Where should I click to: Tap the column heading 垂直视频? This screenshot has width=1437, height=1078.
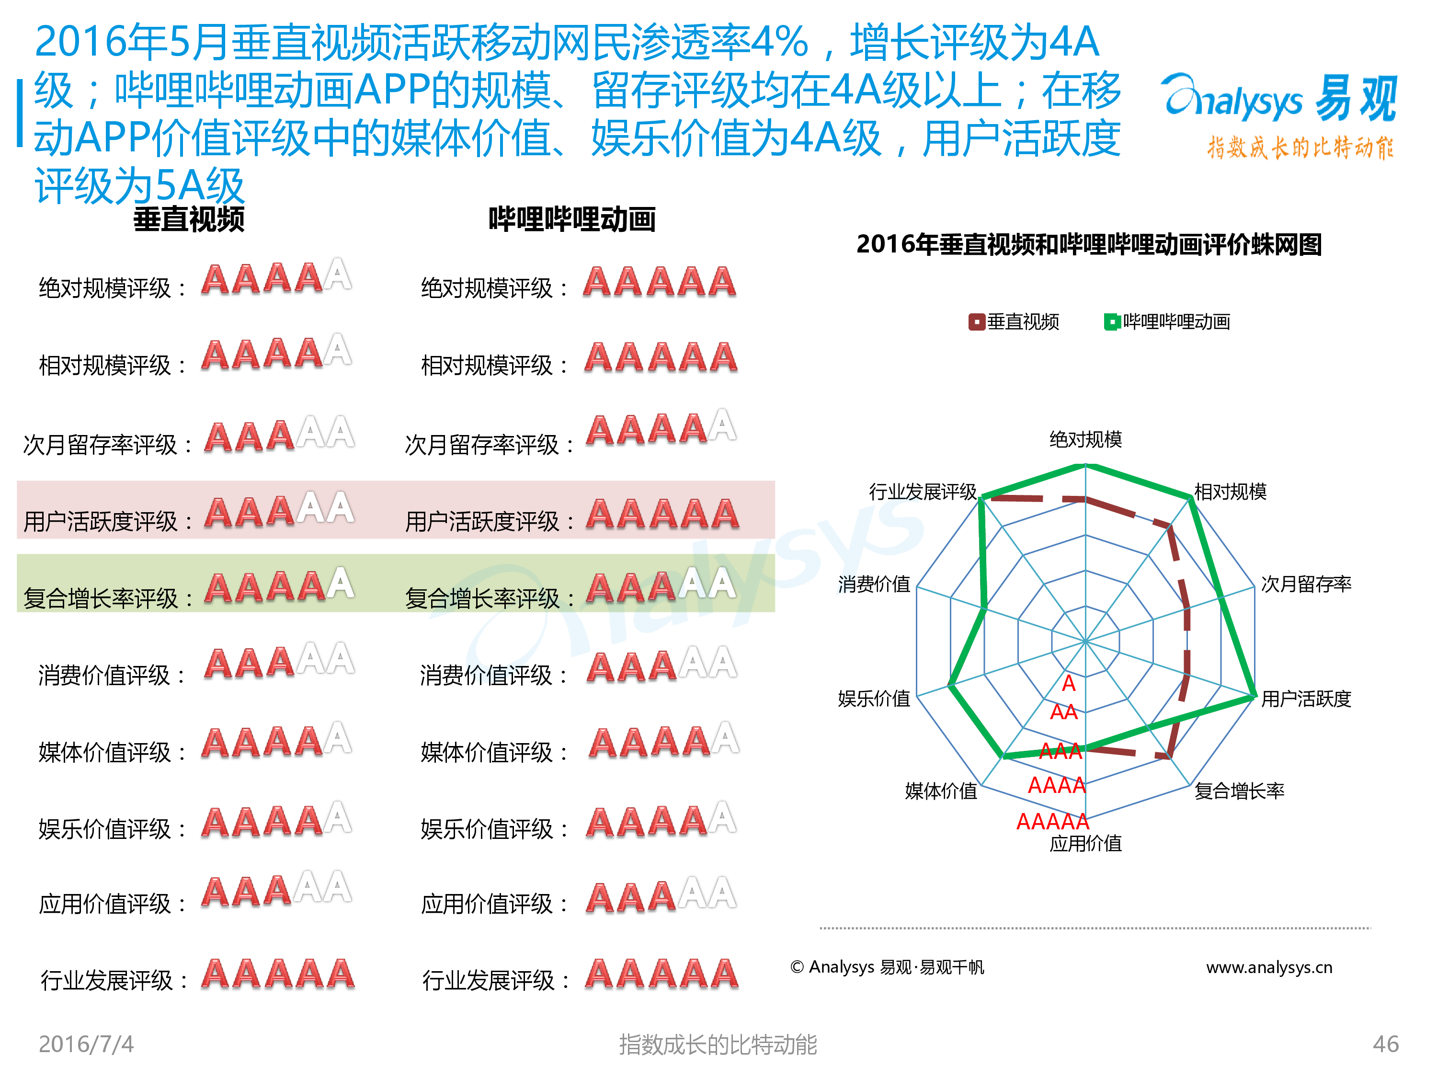click(x=189, y=219)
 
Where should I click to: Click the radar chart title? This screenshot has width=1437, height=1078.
click(x=1089, y=244)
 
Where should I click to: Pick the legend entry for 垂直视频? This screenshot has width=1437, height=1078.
click(x=1014, y=321)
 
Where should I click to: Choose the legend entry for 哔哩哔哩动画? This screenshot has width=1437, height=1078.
click(x=1167, y=321)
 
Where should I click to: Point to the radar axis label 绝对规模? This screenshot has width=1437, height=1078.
click(x=1085, y=440)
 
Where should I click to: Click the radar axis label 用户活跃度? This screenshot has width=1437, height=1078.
click(x=1306, y=699)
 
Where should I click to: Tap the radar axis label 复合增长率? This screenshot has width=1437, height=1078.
click(x=1240, y=791)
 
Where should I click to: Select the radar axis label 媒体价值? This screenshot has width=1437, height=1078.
click(x=941, y=791)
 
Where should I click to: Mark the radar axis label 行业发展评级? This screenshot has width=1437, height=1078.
click(x=923, y=492)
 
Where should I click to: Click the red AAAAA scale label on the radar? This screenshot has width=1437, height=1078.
click(x=1052, y=821)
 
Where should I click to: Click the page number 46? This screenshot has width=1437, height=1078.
click(x=1386, y=1044)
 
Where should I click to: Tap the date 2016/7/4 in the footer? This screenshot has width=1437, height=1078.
click(x=86, y=1044)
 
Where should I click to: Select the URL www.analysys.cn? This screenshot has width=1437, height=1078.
click(x=1269, y=967)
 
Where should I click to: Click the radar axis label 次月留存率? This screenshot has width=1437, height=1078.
click(x=1306, y=584)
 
